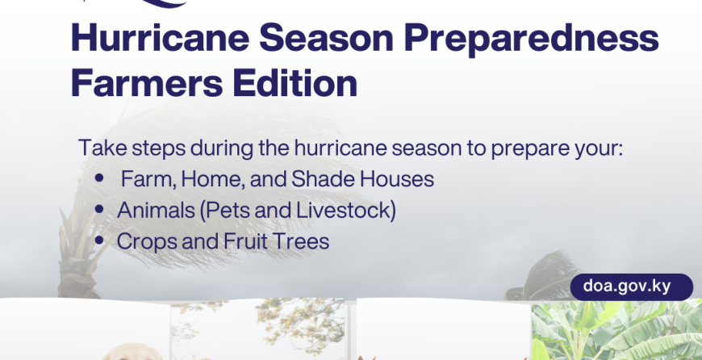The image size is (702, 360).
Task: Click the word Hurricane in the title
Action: pos(160,38)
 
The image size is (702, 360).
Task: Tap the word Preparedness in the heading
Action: pos(531,40)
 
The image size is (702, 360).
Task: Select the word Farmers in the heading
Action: pos(147,83)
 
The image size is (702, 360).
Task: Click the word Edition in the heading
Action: pos(295,82)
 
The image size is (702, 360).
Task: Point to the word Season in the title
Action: pos(326,38)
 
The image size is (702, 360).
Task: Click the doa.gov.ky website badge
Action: pos(632,287)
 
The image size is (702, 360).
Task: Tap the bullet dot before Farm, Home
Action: pos(99,178)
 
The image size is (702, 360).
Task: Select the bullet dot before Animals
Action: pos(99,209)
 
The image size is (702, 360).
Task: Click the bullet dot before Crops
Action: pos(99,241)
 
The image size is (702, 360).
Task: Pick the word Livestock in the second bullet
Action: pos(346,211)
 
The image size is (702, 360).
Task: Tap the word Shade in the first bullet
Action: pos(324,179)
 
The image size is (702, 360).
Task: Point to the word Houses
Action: pos(397,179)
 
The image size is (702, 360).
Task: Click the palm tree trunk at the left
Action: pos(77,278)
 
